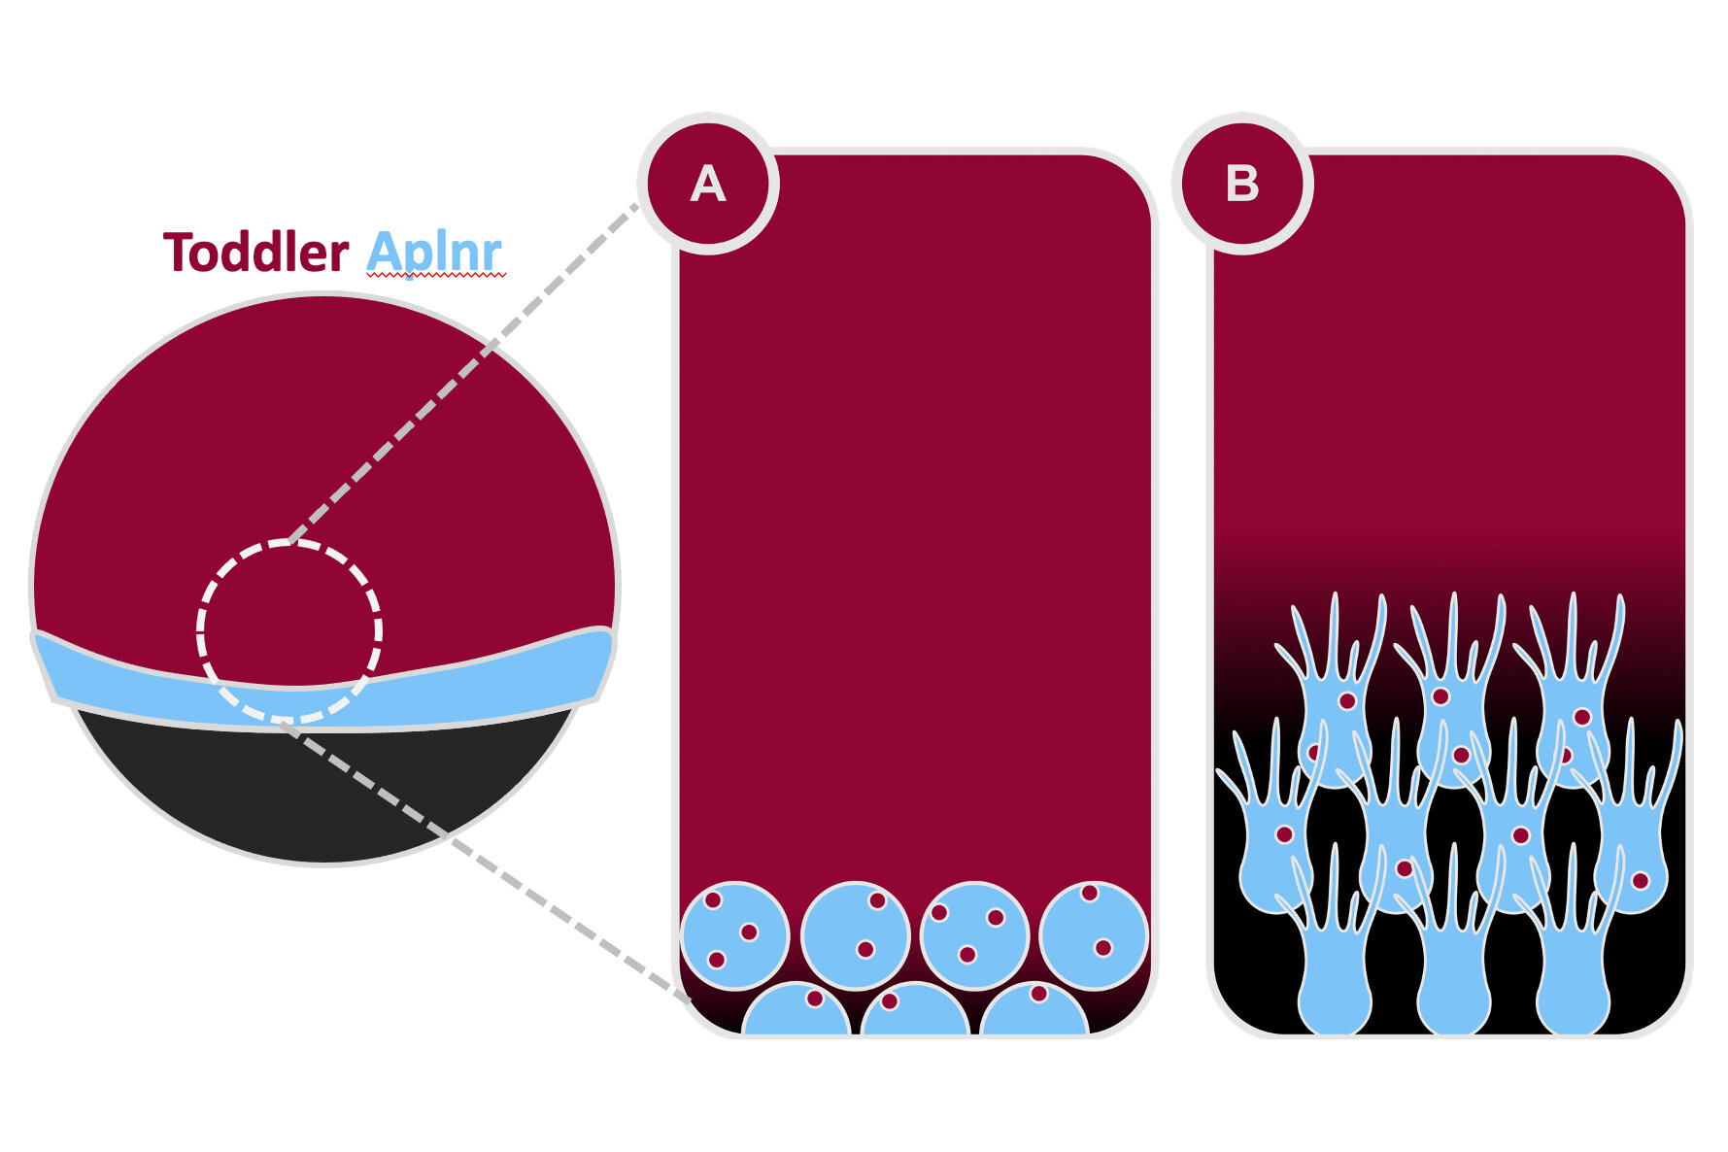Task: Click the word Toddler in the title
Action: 255,253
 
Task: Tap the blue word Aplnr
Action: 434,253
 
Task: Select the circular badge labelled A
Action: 708,184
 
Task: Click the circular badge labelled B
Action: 1242,184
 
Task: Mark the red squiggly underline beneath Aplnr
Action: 436,277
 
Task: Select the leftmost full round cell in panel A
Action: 735,935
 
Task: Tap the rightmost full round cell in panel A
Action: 1094,935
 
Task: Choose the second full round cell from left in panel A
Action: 855,935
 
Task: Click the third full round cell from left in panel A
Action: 974,935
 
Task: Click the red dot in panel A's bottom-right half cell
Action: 1038,994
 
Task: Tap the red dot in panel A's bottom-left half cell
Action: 815,999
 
